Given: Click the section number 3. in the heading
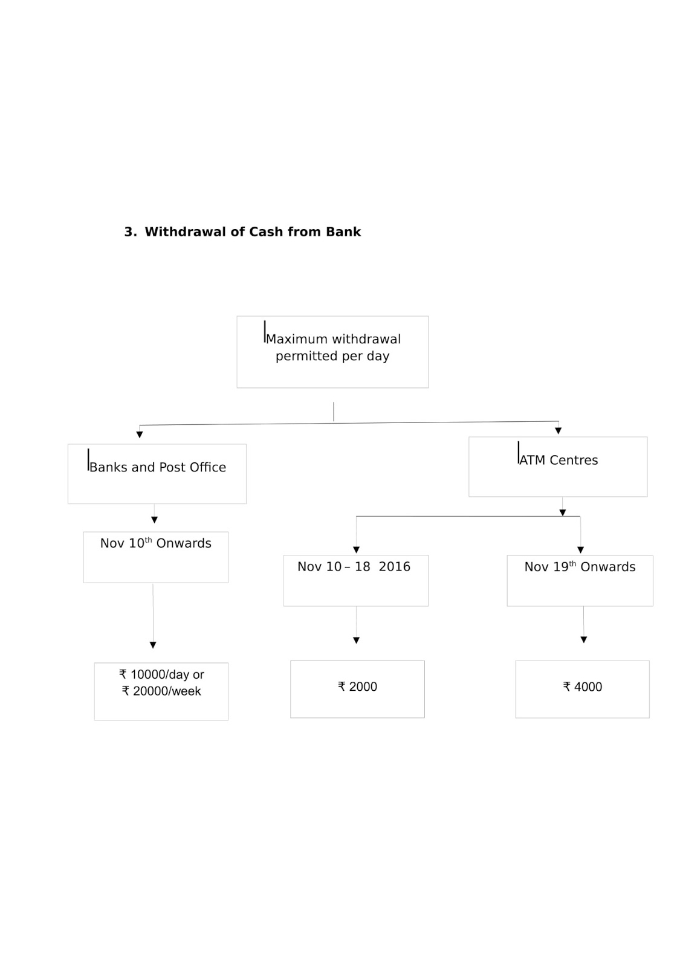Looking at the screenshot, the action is click(x=131, y=232).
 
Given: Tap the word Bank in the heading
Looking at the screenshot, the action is click(x=343, y=232).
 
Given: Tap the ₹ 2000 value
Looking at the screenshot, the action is click(x=357, y=687).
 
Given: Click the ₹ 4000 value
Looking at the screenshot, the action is click(x=583, y=687).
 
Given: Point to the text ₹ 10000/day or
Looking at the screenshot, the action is click(x=161, y=674).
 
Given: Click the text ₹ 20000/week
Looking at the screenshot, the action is click(x=161, y=691).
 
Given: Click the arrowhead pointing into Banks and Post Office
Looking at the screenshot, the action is click(x=140, y=435).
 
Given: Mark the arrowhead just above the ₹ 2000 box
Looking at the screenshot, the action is click(x=356, y=641).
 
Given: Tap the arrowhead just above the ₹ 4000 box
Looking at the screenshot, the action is click(x=584, y=640).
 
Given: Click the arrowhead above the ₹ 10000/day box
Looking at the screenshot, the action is click(x=153, y=645).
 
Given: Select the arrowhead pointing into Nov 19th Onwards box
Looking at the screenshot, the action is click(x=581, y=550).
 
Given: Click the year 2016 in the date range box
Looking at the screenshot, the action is click(x=394, y=567).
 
